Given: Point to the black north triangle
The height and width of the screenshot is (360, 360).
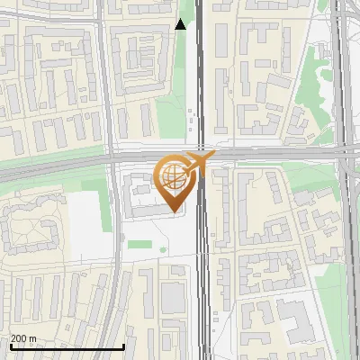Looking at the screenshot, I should point(181,24).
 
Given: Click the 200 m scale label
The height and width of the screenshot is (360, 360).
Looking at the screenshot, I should point(22,338).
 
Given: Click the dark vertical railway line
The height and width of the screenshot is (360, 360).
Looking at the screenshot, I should point(201,90).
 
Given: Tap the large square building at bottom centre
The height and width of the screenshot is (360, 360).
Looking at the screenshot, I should point(174,296).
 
